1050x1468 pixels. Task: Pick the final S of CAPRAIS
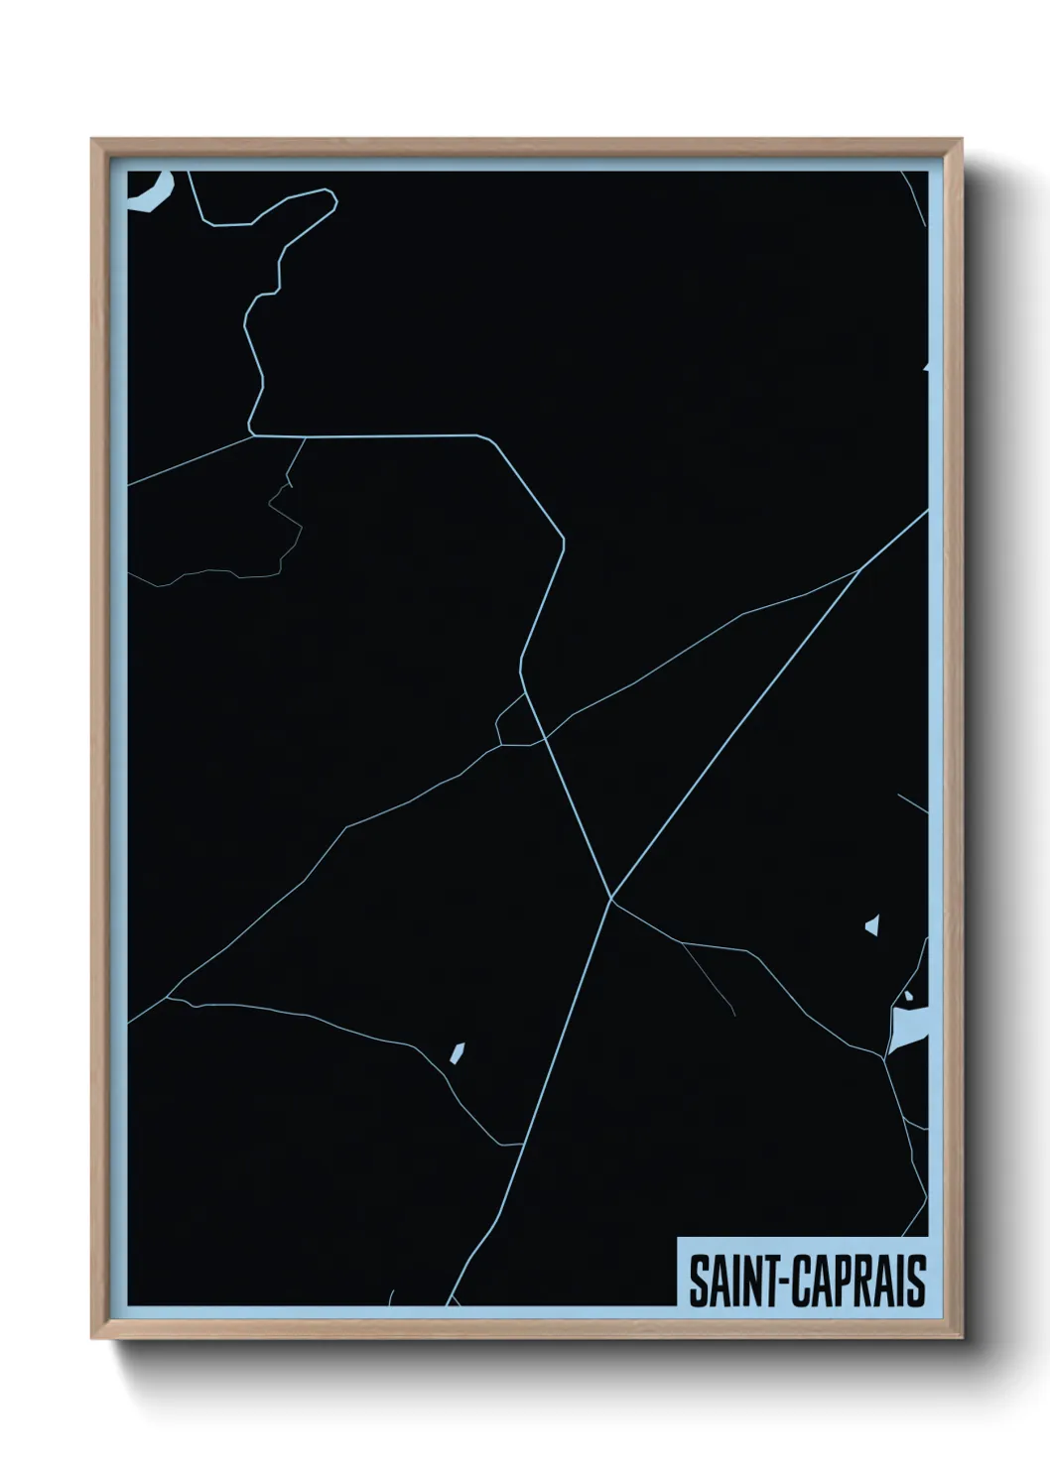click(916, 1281)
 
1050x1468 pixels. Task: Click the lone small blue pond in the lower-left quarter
click(458, 1051)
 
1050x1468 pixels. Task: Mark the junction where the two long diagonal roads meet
click(610, 899)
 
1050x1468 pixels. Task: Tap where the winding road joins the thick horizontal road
click(253, 434)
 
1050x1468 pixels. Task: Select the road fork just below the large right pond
click(884, 1058)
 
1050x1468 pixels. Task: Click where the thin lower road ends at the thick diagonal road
click(522, 1144)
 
